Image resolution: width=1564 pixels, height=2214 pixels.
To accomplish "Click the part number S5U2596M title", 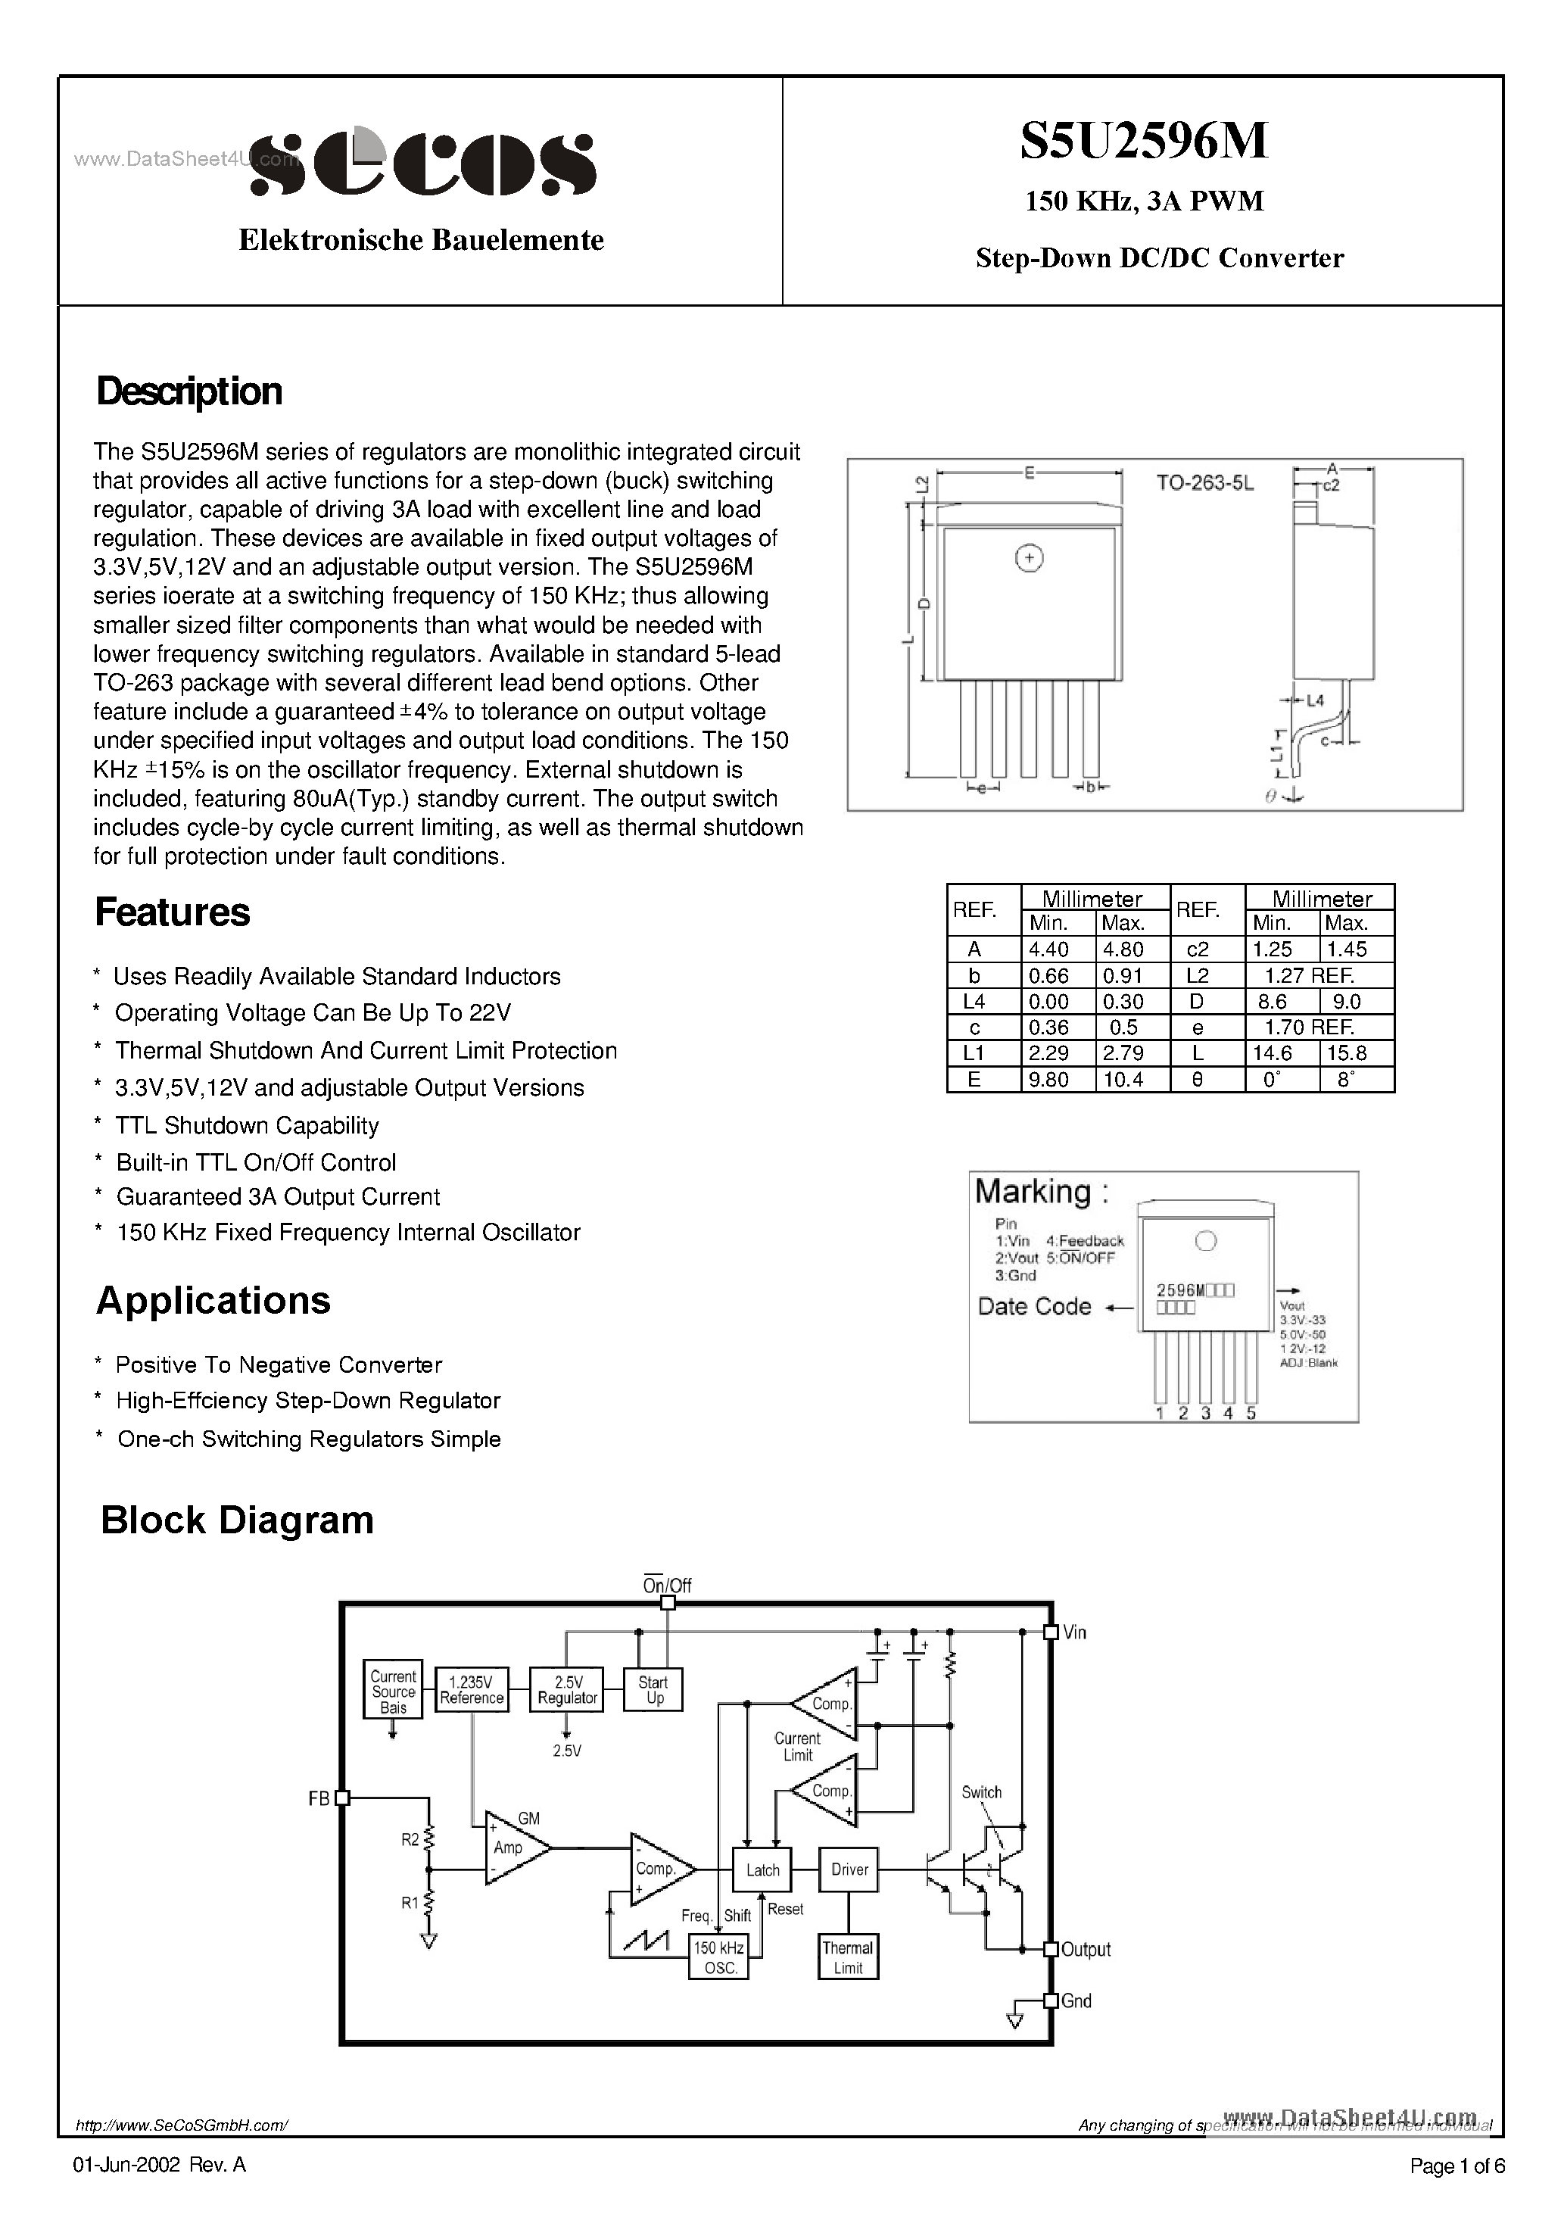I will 1144,142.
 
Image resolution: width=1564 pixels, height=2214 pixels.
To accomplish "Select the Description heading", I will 189,391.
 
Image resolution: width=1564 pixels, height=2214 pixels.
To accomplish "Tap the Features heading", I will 172,912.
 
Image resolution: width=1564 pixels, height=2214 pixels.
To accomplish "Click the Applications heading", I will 213,1301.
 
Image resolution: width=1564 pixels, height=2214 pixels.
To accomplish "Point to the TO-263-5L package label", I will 1204,484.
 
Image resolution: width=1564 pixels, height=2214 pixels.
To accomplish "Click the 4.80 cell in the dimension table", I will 1123,949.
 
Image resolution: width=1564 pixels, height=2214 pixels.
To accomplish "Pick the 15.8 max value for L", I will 1347,1053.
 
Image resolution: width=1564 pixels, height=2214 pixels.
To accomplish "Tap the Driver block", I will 849,1869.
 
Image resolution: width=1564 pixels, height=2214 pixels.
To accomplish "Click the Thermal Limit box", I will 848,1957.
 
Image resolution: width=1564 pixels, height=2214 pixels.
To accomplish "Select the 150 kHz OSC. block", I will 719,1957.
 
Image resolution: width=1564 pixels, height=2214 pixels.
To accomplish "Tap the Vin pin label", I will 1074,1632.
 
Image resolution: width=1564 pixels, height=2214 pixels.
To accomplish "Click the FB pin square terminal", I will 341,1798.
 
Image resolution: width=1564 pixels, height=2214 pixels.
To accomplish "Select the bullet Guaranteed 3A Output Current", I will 278,1196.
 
